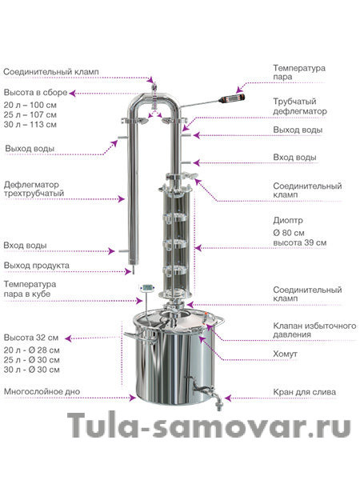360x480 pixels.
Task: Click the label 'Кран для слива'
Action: point(304,392)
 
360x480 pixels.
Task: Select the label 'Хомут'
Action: point(285,354)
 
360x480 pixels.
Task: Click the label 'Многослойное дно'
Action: point(42,391)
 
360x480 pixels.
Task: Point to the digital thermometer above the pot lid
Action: point(147,288)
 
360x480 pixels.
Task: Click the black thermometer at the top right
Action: point(232,98)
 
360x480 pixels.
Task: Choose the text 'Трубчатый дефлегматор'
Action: point(300,106)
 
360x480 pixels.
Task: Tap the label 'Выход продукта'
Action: point(37,266)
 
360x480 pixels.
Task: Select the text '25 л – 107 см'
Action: point(30,114)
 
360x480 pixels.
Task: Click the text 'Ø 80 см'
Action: point(289,233)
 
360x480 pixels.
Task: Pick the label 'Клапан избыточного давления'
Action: point(314,330)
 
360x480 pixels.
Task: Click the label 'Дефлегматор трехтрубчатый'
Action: point(34,189)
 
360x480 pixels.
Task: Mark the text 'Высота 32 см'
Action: point(31,338)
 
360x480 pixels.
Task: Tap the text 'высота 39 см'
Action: point(300,242)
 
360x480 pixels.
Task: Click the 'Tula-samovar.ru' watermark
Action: point(209,426)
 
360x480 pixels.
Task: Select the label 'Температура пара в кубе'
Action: point(30,289)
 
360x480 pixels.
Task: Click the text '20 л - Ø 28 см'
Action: point(31,350)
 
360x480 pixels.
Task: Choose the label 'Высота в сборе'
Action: point(35,93)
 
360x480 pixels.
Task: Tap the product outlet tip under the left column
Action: point(133,270)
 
